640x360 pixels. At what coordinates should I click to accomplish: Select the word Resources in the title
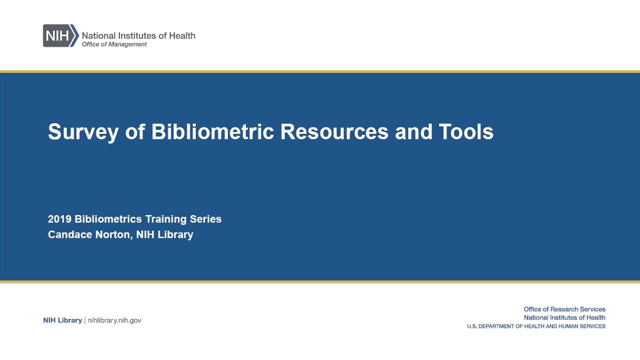(x=334, y=132)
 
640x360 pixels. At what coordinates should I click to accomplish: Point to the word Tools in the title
(x=466, y=132)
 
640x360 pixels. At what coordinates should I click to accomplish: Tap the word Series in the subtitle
(x=205, y=219)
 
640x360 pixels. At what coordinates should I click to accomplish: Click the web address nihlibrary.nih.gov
(x=114, y=320)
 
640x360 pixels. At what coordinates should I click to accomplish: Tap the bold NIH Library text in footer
(x=62, y=320)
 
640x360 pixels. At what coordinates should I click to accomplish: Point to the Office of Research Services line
(x=564, y=309)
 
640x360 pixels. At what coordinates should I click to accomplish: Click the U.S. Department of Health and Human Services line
(x=536, y=326)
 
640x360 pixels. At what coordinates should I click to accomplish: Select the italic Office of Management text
(x=114, y=44)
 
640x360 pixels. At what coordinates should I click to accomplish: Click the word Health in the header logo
(x=182, y=35)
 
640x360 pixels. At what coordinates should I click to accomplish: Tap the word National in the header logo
(x=98, y=35)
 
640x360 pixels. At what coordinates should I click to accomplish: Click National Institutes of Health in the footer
(x=564, y=317)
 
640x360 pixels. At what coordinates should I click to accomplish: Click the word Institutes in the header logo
(x=135, y=35)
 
